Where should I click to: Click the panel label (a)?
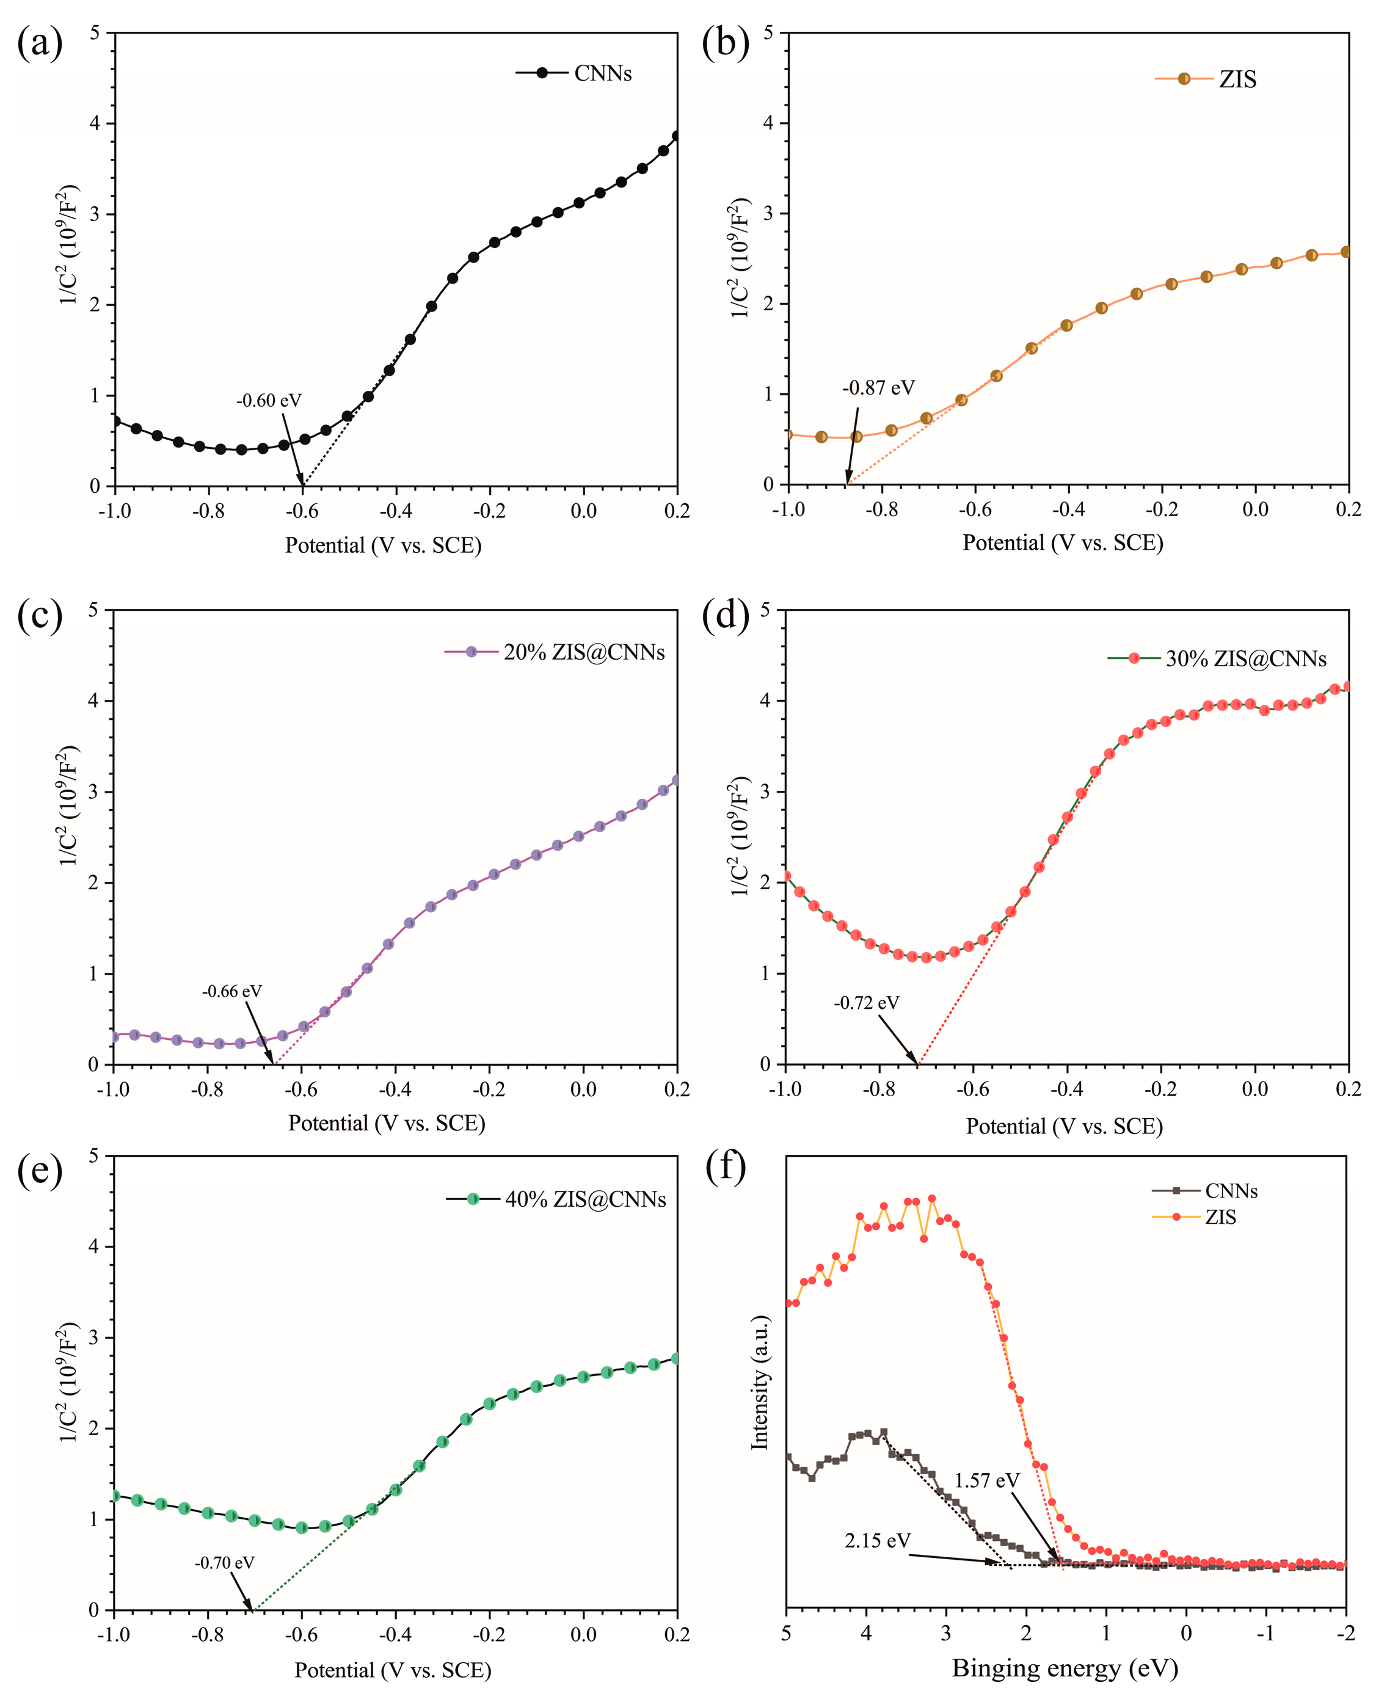[40, 43]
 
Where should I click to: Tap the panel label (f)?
[725, 1168]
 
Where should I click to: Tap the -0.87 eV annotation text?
[878, 388]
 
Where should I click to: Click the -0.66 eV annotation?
[231, 991]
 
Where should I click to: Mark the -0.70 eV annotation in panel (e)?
[224, 1563]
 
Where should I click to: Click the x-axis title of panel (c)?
[386, 1123]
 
